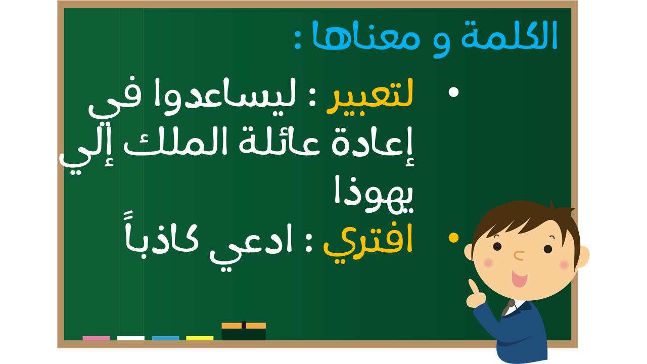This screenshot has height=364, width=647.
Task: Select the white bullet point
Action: tap(454, 92)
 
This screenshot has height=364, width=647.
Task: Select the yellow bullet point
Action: tap(453, 238)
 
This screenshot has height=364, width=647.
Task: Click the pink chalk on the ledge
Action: tap(96, 338)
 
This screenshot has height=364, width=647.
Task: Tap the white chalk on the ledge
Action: tap(131, 338)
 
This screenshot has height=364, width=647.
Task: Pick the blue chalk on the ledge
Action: tap(165, 338)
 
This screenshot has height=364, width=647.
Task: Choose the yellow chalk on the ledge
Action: tap(200, 338)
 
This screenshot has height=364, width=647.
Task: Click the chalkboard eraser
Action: tap(244, 331)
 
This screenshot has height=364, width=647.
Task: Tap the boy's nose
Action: tap(519, 255)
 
